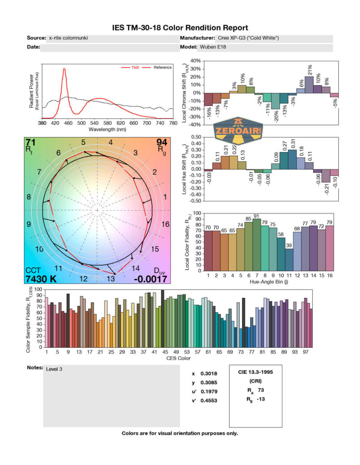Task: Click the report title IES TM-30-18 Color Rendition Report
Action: tap(180, 28)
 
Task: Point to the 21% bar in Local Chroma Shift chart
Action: tap(309, 84)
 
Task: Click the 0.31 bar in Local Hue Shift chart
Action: tap(291, 159)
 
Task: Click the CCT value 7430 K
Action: tap(41, 278)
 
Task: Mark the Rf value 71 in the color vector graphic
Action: tap(31, 143)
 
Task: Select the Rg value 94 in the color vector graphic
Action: tap(162, 143)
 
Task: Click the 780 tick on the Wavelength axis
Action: tap(173, 123)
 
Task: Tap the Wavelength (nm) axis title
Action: tap(107, 129)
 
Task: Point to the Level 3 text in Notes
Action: tap(54, 369)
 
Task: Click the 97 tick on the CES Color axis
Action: tap(306, 352)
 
